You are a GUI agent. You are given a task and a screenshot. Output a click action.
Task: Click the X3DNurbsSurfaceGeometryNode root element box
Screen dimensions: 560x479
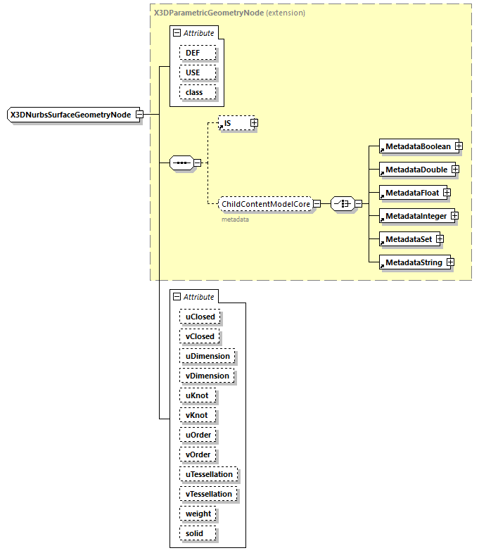click(x=71, y=114)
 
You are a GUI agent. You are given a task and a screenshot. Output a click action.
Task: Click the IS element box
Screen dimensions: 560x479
click(x=234, y=123)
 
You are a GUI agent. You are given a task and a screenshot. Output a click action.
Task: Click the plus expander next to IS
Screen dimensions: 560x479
click(x=254, y=123)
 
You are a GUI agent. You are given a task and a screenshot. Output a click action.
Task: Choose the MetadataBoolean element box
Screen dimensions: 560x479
click(x=417, y=146)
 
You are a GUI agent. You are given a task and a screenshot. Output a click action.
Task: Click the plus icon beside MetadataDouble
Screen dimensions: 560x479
click(x=455, y=170)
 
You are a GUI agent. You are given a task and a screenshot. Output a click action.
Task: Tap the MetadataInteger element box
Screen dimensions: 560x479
click(x=416, y=216)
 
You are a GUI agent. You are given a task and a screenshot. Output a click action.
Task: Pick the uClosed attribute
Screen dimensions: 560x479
click(x=200, y=317)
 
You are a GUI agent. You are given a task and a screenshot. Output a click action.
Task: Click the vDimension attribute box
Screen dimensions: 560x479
click(x=207, y=376)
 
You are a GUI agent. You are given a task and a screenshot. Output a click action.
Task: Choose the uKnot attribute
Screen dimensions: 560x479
click(x=197, y=395)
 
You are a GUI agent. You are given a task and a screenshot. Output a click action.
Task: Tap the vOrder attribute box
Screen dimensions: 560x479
click(x=198, y=454)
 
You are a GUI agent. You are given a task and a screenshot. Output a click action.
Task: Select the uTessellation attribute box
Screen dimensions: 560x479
click(x=209, y=474)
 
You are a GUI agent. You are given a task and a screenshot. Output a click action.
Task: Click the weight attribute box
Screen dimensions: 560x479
click(x=198, y=514)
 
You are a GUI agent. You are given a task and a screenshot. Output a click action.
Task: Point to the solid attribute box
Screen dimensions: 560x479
click(x=194, y=533)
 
